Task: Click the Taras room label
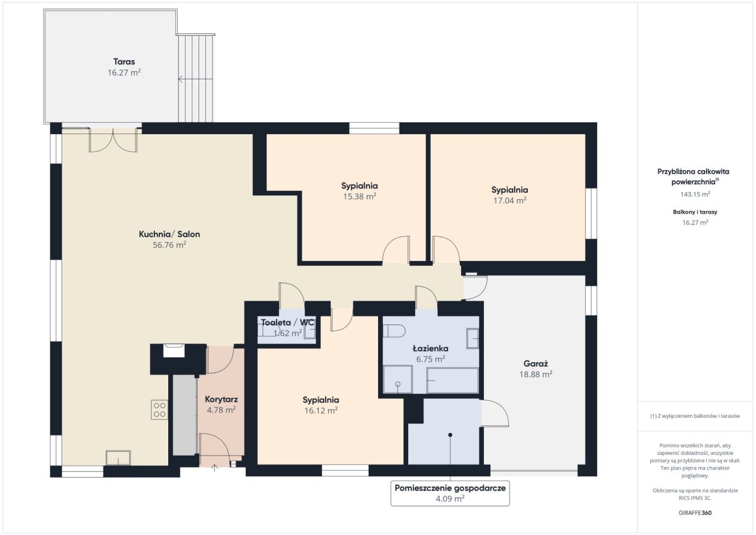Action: pos(124,61)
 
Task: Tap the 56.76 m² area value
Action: pos(169,244)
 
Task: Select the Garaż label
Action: pos(535,364)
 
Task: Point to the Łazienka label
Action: pos(430,348)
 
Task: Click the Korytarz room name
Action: pos(221,400)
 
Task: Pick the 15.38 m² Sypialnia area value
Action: pos(360,196)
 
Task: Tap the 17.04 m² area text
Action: pos(510,200)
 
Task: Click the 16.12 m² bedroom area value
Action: pos(321,410)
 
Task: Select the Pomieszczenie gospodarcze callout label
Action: pos(450,488)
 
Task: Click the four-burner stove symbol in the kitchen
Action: pos(159,410)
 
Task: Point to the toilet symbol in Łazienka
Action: pos(394,331)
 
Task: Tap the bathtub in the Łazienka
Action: pos(452,380)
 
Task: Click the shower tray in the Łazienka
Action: pos(398,379)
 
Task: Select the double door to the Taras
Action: pos(113,140)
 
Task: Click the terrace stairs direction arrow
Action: pos(195,79)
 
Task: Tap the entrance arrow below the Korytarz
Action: pos(214,468)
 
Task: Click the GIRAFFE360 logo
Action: pos(695,513)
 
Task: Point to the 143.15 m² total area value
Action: pos(695,194)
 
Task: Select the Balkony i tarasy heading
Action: pos(695,212)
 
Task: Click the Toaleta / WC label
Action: pos(287,323)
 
